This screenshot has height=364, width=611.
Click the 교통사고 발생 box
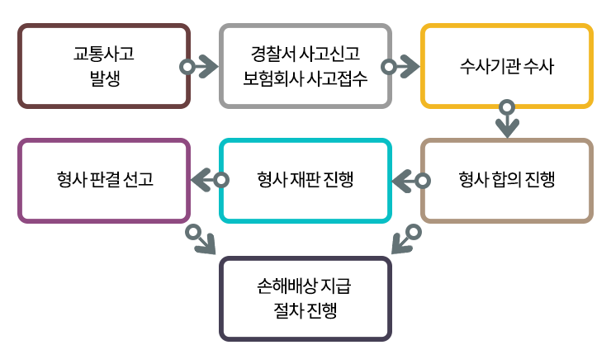click(x=104, y=66)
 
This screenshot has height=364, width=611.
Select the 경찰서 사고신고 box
click(x=305, y=66)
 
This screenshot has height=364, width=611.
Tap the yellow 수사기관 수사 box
click(x=507, y=66)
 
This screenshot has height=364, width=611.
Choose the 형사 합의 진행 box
click(x=507, y=180)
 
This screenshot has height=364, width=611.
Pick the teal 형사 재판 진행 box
click(x=305, y=180)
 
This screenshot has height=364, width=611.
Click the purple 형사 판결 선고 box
click(x=104, y=180)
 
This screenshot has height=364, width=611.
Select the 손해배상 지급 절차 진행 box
click(x=305, y=299)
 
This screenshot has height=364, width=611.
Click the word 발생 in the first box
click(x=104, y=78)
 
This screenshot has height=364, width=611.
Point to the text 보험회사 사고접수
click(x=305, y=78)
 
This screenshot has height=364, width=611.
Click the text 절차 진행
click(x=305, y=311)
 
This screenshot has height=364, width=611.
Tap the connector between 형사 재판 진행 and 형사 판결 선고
click(x=202, y=180)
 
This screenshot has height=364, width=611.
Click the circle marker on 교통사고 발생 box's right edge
click(x=188, y=66)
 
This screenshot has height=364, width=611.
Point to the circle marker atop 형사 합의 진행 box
click(x=507, y=106)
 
